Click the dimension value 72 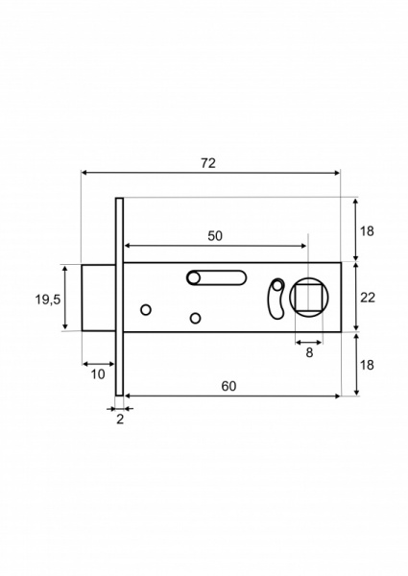[x=208, y=163]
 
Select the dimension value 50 [x=214, y=235]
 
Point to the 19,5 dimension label [x=49, y=300]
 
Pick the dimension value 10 [x=98, y=374]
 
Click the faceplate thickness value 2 [x=120, y=420]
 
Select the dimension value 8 [x=308, y=352]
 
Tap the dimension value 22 [x=367, y=298]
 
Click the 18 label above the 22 [x=367, y=231]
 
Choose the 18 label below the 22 [x=367, y=365]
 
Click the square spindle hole [x=308, y=297]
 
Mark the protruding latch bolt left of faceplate [x=99, y=298]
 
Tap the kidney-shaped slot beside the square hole [x=276, y=298]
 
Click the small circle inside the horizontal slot [x=194, y=278]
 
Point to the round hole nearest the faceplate [x=146, y=309]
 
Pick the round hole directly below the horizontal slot [x=195, y=318]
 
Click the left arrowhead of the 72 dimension [x=84, y=173]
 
